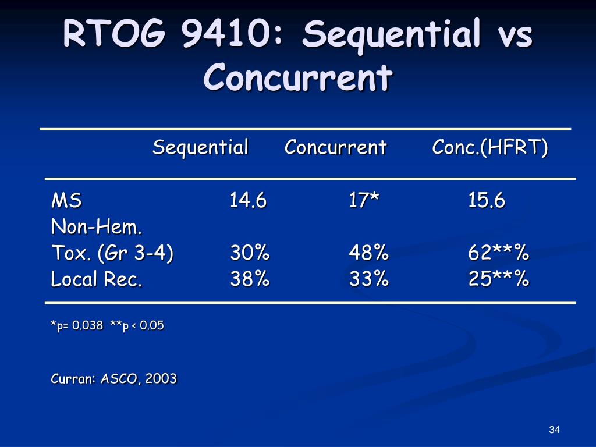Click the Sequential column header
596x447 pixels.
click(x=200, y=148)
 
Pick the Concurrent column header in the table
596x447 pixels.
click(x=335, y=148)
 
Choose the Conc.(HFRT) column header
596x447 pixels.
click(x=490, y=148)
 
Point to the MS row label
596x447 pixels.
click(x=66, y=201)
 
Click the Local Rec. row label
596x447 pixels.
click(x=97, y=280)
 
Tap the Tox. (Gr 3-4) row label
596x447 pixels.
click(x=112, y=254)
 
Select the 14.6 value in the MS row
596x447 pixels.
click(x=248, y=201)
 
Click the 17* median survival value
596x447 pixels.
click(x=364, y=201)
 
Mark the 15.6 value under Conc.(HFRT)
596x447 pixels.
click(x=487, y=201)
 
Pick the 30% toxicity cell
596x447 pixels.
click(x=250, y=254)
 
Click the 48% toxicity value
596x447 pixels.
click(x=368, y=254)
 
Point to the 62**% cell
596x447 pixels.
click(x=499, y=254)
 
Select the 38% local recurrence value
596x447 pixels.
click(x=250, y=280)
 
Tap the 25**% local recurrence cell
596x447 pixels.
click(x=499, y=280)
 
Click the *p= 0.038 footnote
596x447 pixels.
click(x=77, y=326)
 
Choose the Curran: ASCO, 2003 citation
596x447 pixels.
click(x=113, y=379)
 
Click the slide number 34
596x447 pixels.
click(x=554, y=430)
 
